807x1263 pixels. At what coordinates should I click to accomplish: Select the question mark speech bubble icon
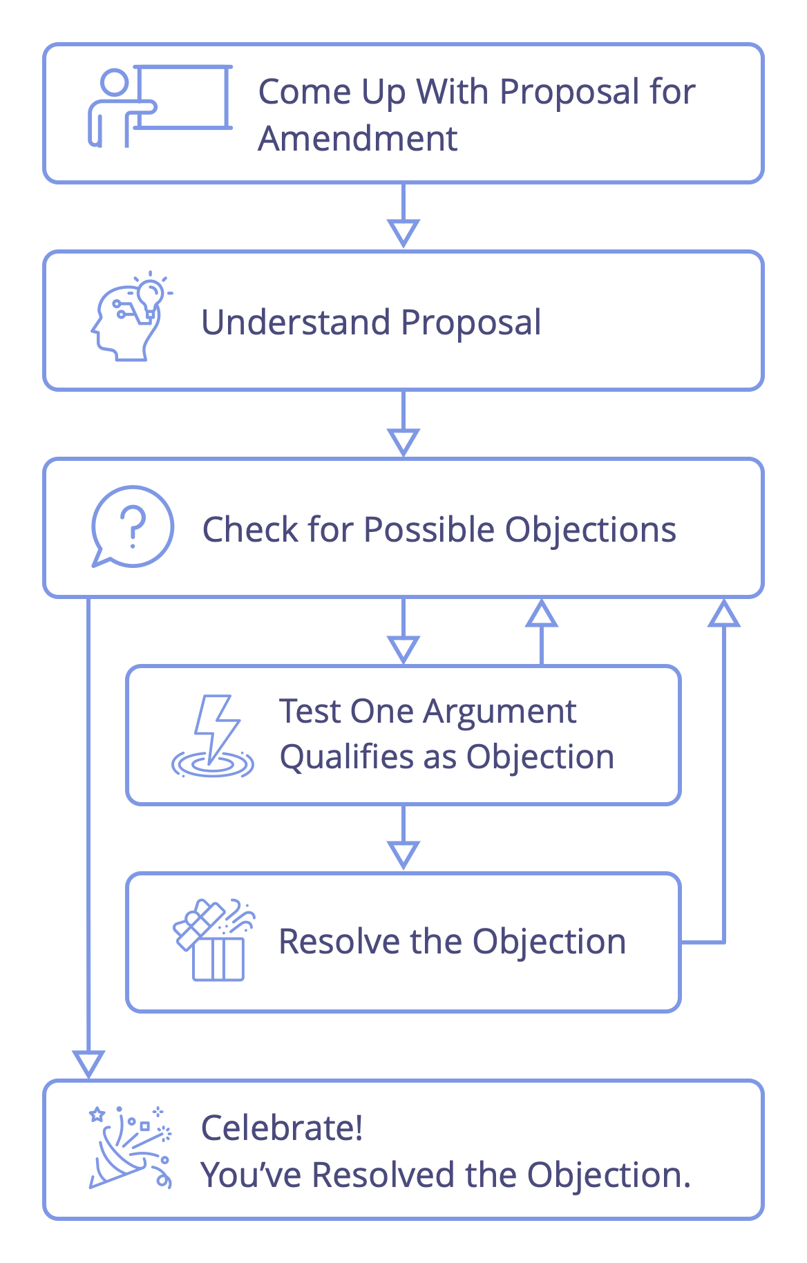[x=132, y=527]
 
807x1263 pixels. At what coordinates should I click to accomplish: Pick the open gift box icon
[x=214, y=940]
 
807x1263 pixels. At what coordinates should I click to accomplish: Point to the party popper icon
[x=130, y=1148]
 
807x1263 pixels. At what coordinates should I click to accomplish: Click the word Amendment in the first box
[x=357, y=138]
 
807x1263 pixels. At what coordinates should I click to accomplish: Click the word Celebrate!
[x=281, y=1128]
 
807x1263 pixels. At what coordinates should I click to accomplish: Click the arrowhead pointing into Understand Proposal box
[x=403, y=233]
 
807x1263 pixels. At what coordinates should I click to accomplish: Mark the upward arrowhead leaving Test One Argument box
[x=541, y=614]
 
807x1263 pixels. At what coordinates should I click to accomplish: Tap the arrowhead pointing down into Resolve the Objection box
[x=403, y=855]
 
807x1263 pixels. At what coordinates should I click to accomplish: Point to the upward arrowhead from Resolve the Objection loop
[x=723, y=614]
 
